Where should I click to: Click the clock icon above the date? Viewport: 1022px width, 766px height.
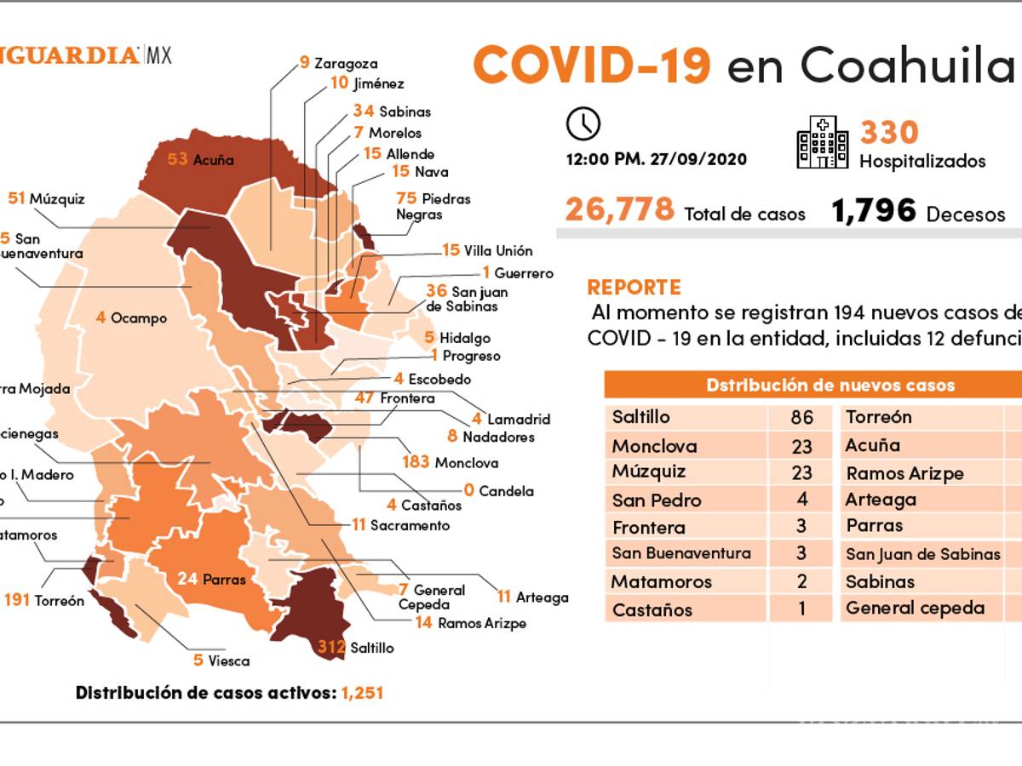pyautogui.click(x=583, y=124)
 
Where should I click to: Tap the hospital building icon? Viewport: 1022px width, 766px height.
pyautogui.click(x=822, y=142)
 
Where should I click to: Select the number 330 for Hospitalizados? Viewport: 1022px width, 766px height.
pyautogui.click(x=889, y=133)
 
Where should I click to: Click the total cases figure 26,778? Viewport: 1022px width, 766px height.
pyautogui.click(x=619, y=209)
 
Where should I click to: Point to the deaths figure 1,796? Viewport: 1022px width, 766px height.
pyautogui.click(x=874, y=210)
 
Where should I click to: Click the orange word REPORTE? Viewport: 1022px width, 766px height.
pyautogui.click(x=634, y=287)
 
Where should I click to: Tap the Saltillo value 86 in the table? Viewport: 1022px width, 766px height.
pyautogui.click(x=801, y=417)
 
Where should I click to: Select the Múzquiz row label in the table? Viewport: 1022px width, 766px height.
pyautogui.click(x=649, y=472)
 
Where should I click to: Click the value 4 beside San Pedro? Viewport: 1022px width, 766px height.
pyautogui.click(x=801, y=499)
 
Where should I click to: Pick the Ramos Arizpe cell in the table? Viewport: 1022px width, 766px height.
pyautogui.click(x=904, y=473)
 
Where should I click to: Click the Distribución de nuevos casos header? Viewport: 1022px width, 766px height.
pyautogui.click(x=830, y=386)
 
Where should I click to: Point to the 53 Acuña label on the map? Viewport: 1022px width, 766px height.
pyautogui.click(x=201, y=159)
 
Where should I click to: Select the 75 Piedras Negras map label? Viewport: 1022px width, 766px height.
pyautogui.click(x=433, y=206)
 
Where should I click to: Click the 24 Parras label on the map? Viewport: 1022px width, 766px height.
pyautogui.click(x=212, y=580)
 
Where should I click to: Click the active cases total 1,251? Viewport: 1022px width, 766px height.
pyautogui.click(x=362, y=693)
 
